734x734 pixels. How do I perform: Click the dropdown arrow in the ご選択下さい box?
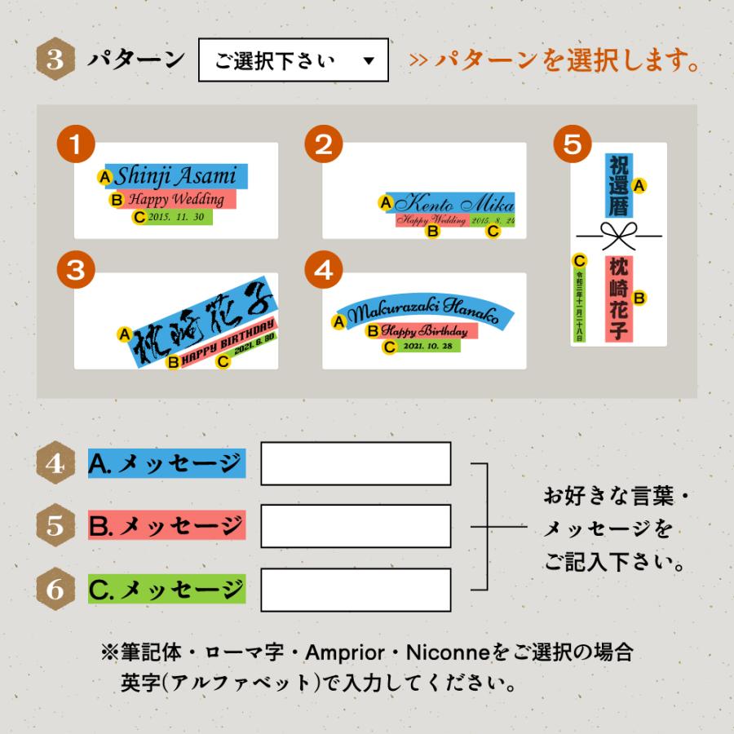[369, 62]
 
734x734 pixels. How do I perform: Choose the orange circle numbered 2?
[323, 145]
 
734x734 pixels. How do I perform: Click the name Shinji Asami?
[175, 175]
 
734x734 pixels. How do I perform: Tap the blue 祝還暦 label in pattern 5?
[618, 186]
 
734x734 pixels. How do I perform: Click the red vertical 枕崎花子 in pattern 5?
[619, 298]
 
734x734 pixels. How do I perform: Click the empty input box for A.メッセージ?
[356, 464]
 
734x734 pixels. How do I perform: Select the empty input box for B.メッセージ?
[356, 526]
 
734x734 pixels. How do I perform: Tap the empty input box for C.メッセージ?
[356, 589]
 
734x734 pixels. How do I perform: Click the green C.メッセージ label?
[166, 589]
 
